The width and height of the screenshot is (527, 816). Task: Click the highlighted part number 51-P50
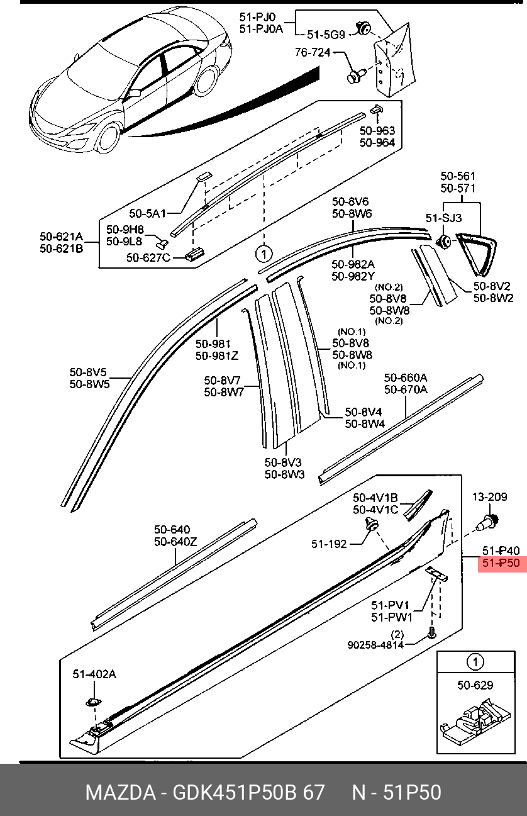point(501,563)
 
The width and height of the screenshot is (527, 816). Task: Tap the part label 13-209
point(489,497)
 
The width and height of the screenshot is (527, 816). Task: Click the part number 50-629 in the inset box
point(475,685)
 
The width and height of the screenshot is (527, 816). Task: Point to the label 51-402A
point(95,674)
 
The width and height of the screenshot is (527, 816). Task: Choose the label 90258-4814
point(375,644)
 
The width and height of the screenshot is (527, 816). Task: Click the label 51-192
point(328,544)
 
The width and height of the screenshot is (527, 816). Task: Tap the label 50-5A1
point(147,214)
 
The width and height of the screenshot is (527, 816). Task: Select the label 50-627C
point(148,257)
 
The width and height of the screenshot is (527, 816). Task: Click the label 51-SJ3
point(443,218)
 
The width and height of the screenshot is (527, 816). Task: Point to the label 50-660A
point(406,377)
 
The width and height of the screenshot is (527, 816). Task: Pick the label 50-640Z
point(175,542)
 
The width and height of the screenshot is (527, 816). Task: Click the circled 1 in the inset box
point(475,662)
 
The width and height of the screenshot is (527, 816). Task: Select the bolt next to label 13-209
point(488,521)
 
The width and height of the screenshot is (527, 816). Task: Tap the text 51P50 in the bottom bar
point(413,792)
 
